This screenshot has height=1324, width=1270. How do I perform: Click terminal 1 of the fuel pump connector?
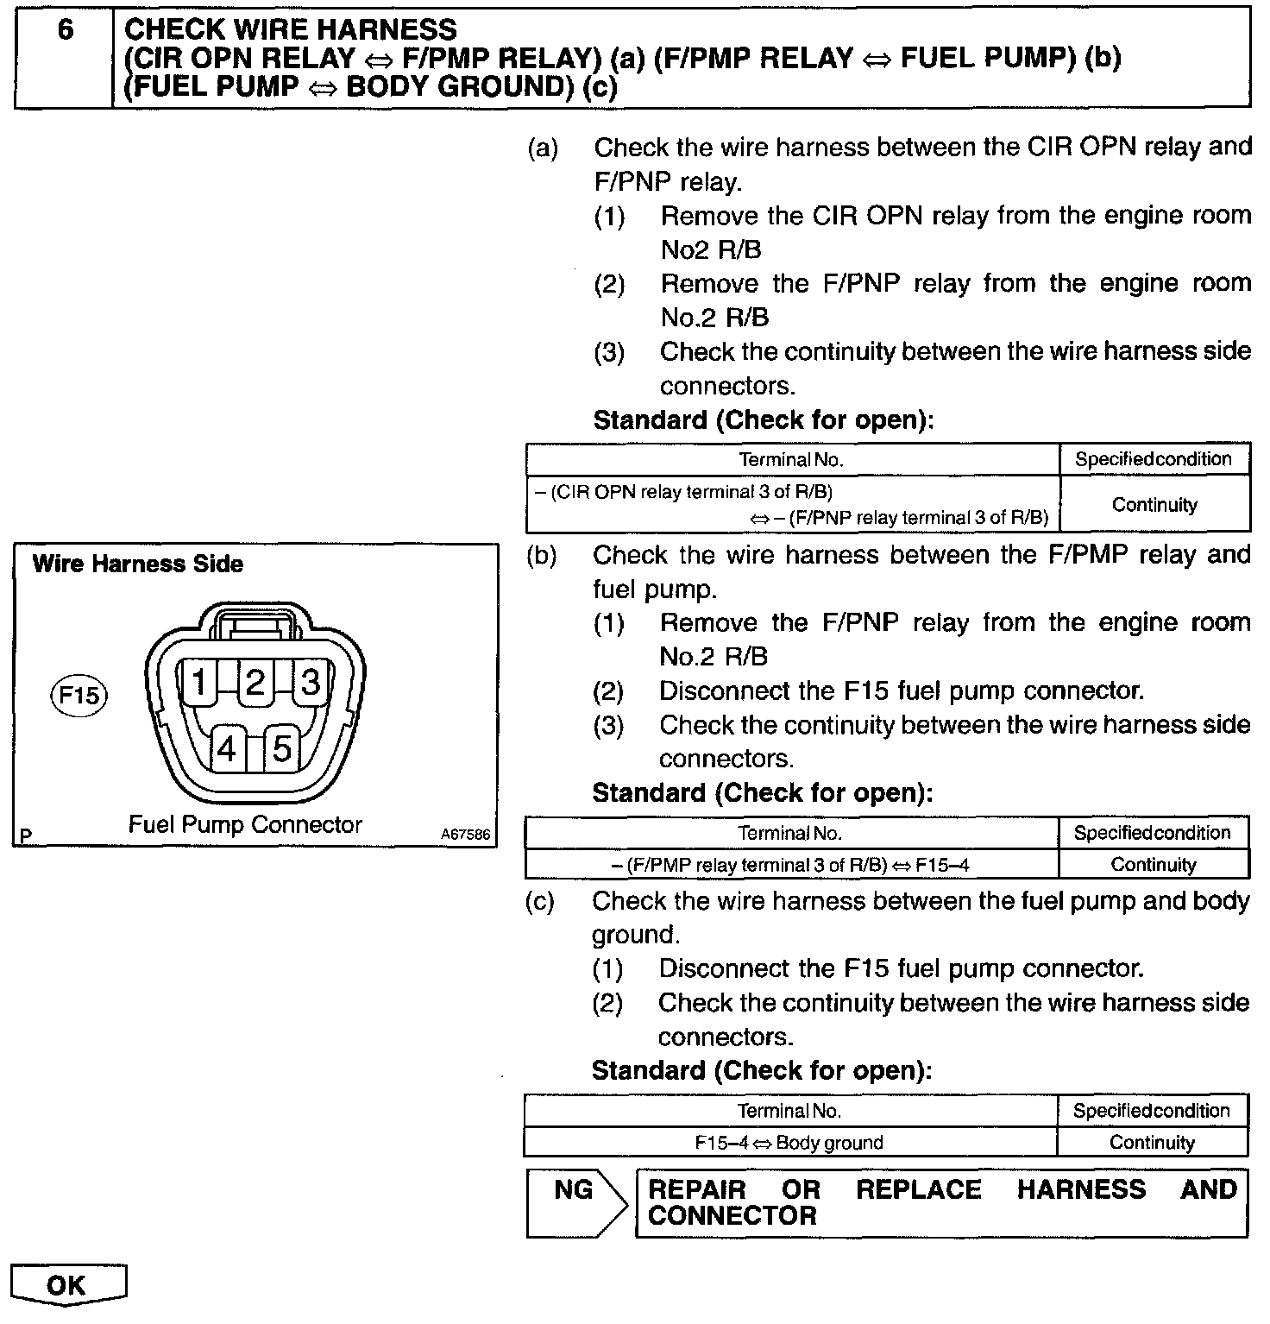(199, 683)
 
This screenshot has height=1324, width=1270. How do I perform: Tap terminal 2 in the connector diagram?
(255, 683)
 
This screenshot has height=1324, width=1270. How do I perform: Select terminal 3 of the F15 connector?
(310, 683)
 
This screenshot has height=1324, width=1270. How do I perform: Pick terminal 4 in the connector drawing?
(227, 748)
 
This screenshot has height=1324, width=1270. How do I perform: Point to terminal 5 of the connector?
(281, 748)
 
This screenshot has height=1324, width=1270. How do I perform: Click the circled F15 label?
(78, 695)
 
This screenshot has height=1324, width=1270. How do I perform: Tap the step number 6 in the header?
(66, 30)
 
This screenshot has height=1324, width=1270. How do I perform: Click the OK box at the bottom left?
(67, 1285)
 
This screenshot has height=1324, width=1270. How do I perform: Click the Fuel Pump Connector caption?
(245, 824)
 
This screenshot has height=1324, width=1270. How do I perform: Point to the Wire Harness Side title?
(138, 564)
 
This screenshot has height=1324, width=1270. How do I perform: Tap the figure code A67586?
(465, 835)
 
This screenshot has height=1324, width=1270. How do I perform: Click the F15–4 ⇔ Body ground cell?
(789, 1143)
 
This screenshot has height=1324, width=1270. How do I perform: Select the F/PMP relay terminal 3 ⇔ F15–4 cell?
(791, 865)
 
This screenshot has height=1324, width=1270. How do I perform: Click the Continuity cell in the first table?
(1154, 504)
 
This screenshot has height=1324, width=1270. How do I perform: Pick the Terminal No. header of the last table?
(789, 1111)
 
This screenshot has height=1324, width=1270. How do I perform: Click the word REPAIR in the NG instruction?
(697, 1189)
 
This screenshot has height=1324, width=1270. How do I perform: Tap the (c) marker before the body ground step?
(540, 901)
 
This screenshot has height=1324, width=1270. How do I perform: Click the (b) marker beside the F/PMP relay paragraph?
(541, 555)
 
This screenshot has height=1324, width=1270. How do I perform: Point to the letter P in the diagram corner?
(27, 835)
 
